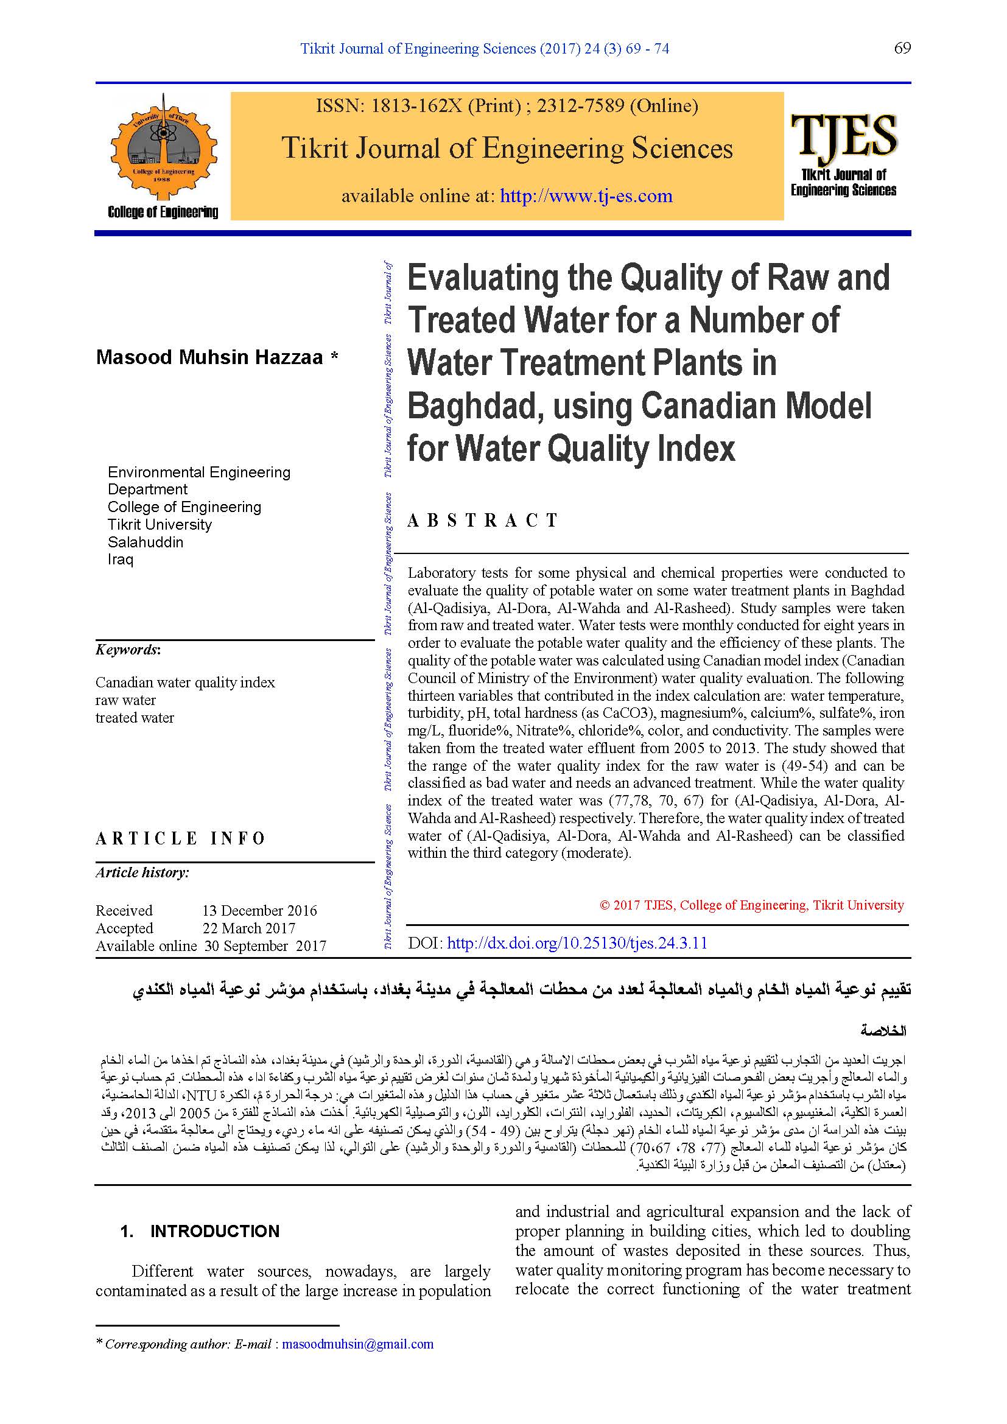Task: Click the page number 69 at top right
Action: coord(902,48)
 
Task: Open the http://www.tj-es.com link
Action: coord(586,196)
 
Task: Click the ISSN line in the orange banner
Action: coord(507,106)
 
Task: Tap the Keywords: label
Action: coord(128,650)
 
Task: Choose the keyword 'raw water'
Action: coord(125,700)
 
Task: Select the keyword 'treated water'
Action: coord(135,718)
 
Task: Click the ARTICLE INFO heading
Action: coord(180,838)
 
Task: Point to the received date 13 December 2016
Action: coord(259,910)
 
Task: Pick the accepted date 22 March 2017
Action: coord(248,928)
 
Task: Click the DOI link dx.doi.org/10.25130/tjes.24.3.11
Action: coord(577,943)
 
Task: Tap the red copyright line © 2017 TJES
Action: coord(751,905)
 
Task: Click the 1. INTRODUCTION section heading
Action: coord(200,1231)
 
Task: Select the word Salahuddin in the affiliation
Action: coord(146,542)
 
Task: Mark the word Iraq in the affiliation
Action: coord(121,559)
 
